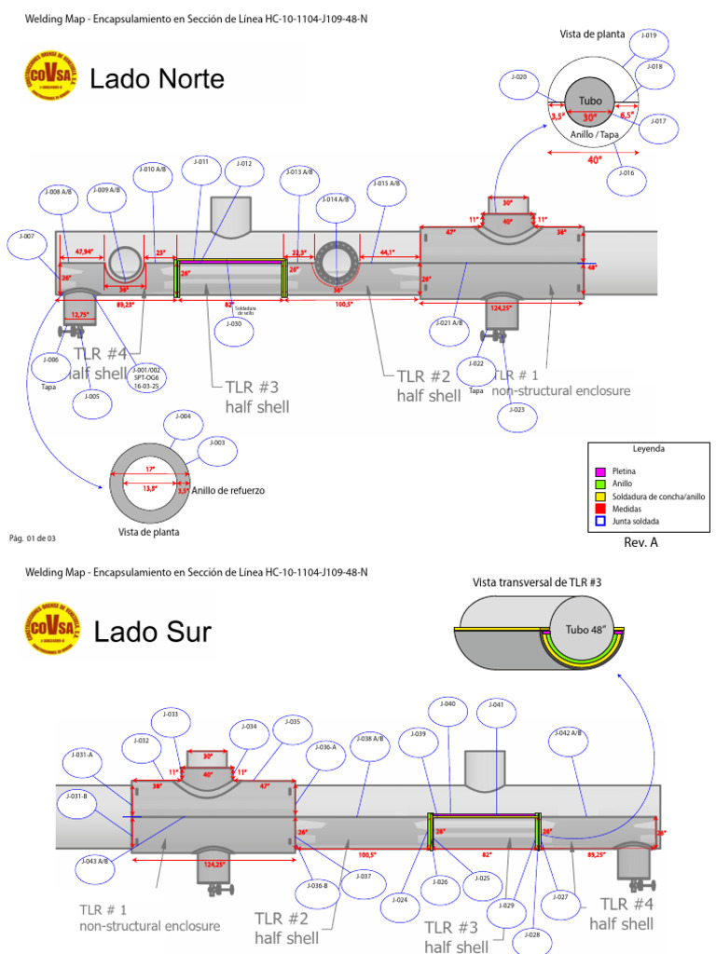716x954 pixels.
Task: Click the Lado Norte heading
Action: click(157, 80)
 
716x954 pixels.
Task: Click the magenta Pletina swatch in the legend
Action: click(600, 472)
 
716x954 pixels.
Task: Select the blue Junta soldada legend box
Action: click(600, 522)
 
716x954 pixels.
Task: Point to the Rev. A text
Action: click(640, 543)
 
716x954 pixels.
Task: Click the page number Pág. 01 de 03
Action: click(33, 538)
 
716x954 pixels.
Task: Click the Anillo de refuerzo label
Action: click(228, 491)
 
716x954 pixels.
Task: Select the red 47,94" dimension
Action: click(84, 252)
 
